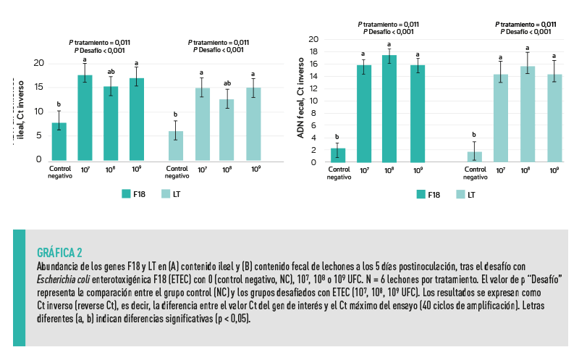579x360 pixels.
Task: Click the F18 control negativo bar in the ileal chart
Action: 59,142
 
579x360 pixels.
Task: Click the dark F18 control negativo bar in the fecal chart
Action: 338,155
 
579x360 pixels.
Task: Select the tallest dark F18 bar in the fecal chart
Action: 389,109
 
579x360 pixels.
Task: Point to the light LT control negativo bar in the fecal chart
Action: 474,156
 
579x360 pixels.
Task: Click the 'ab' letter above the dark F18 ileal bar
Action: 111,72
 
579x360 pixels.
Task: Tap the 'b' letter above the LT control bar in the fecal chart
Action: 473,135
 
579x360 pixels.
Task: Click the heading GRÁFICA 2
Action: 59,253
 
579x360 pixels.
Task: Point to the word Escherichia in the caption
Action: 62,277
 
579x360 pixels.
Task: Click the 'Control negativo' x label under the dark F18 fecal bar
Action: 338,172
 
